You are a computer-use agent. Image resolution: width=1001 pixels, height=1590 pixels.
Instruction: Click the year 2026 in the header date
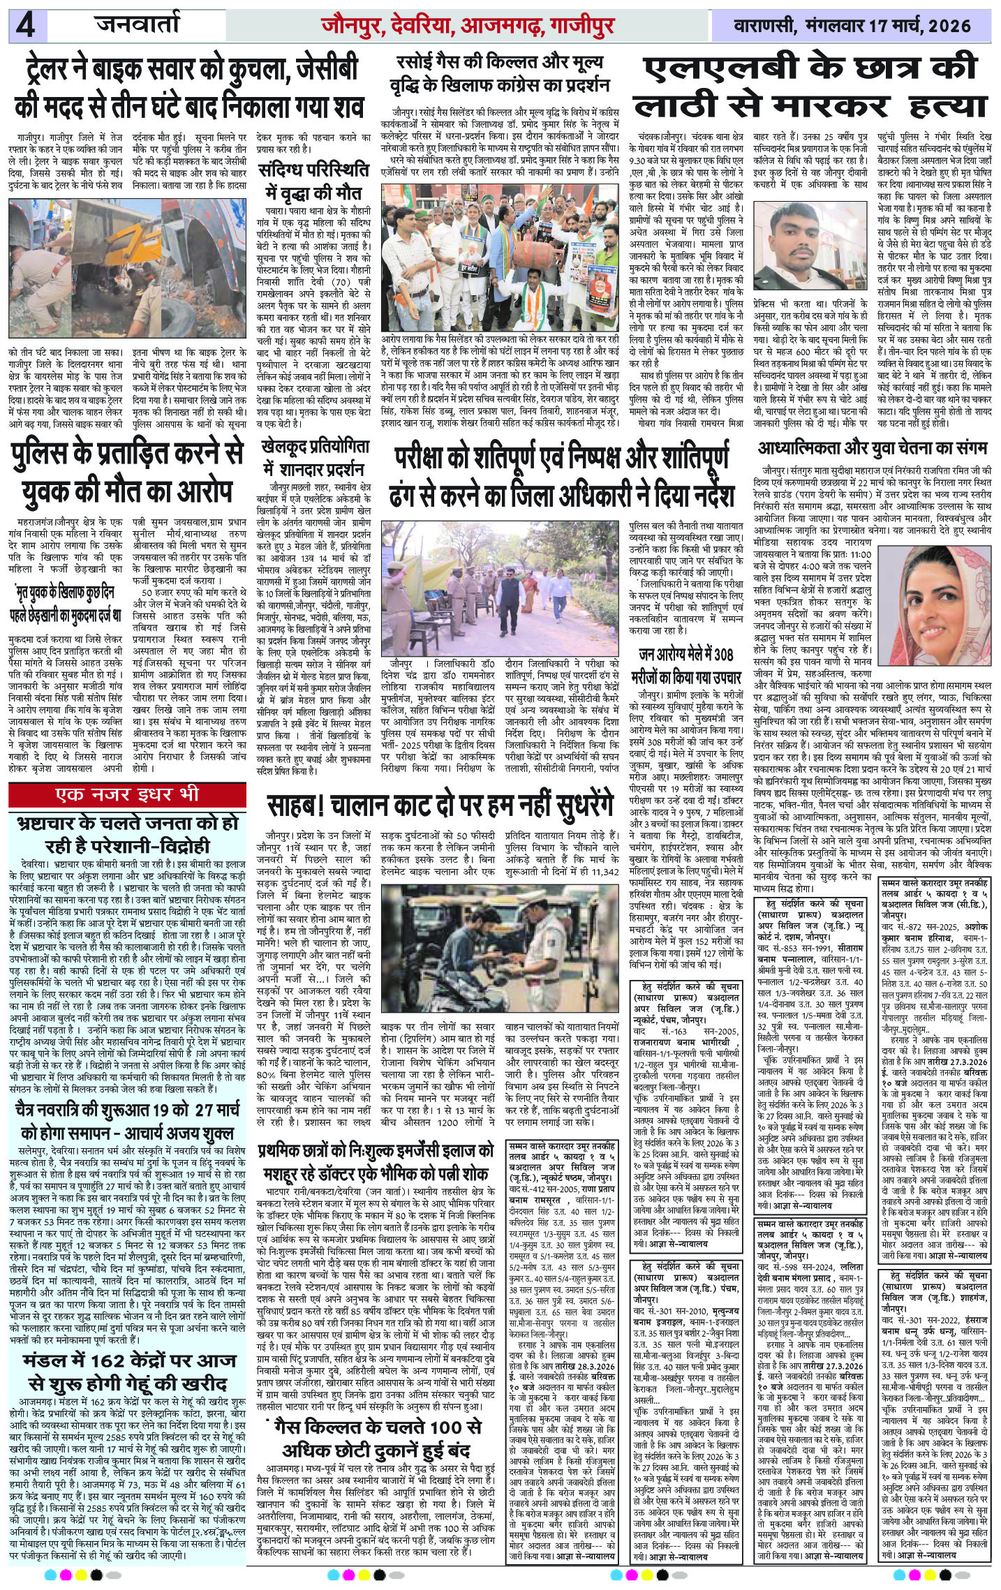pyautogui.click(x=943, y=27)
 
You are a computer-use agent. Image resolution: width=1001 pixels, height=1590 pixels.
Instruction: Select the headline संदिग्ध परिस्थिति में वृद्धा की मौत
pyautogui.click(x=313, y=181)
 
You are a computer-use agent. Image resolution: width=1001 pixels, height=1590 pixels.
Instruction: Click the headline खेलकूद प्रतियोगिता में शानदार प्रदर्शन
pyautogui.click(x=312, y=454)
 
